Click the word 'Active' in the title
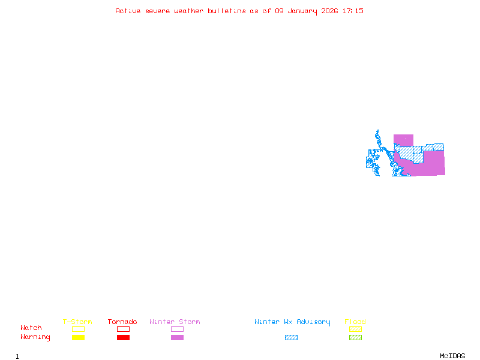[128, 11]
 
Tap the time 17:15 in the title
[353, 11]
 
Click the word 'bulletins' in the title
[226, 11]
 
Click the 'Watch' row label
[31, 328]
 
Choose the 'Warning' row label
[35, 337]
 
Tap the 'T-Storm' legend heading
[77, 322]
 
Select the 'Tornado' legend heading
[122, 322]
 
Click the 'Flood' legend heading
[355, 322]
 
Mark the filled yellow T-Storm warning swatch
[78, 337]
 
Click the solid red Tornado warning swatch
[123, 337]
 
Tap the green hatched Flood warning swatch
[355, 337]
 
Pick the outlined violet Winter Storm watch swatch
[177, 329]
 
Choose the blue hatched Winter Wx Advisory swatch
[291, 337]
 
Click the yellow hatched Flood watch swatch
[355, 329]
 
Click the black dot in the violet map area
[405, 139]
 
